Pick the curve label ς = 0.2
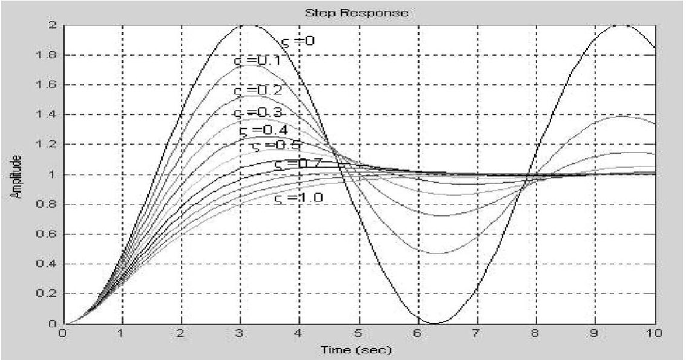point(258,90)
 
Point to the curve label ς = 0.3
point(256,113)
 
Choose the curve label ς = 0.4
point(263,129)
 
